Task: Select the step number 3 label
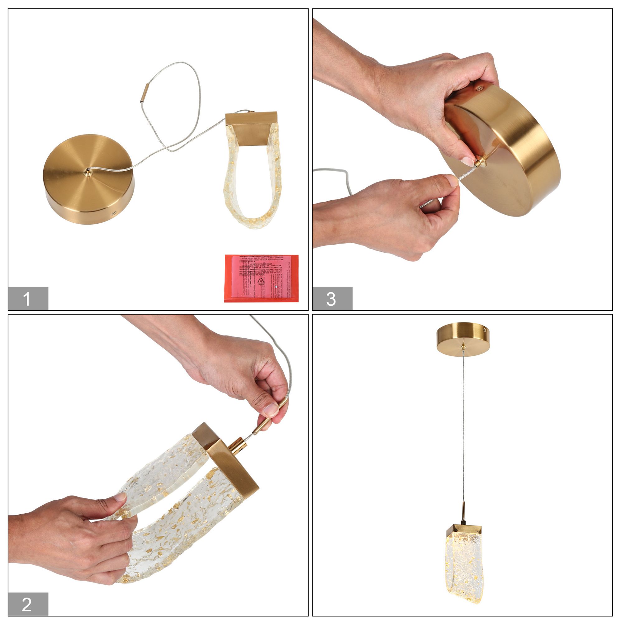point(332,299)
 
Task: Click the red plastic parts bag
point(261,278)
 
